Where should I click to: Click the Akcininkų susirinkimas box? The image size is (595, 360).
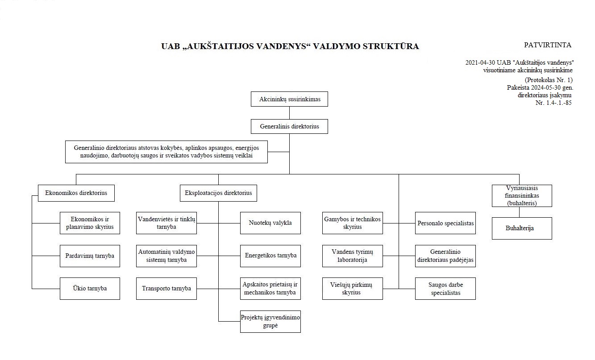pyautogui.click(x=289, y=99)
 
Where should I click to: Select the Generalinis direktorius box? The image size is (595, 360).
pyautogui.click(x=289, y=126)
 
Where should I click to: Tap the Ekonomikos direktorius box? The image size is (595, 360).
pyautogui.click(x=76, y=193)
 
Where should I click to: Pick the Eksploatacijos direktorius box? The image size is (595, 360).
pyautogui.click(x=218, y=193)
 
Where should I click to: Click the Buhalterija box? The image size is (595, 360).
pyautogui.click(x=522, y=228)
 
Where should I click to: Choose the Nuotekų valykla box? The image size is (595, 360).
pyautogui.click(x=270, y=223)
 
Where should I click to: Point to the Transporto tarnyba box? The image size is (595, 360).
pyautogui.click(x=166, y=289)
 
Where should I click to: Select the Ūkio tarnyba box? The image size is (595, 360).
pyautogui.click(x=90, y=289)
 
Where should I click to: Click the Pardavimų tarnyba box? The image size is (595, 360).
pyautogui.click(x=90, y=256)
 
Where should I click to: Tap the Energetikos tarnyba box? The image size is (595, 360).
pyautogui.click(x=270, y=256)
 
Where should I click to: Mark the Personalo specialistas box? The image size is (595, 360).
pyautogui.click(x=445, y=223)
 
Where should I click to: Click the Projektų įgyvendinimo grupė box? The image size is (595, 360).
pyautogui.click(x=270, y=322)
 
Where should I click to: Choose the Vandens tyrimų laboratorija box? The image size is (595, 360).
pyautogui.click(x=353, y=256)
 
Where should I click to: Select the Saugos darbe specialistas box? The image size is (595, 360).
pyautogui.click(x=445, y=289)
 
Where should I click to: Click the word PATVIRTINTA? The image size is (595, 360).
pyautogui.click(x=547, y=45)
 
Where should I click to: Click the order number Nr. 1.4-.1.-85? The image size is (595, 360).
pyautogui.click(x=553, y=103)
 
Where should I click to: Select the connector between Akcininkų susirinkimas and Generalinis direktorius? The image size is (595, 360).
pyautogui.click(x=289, y=113)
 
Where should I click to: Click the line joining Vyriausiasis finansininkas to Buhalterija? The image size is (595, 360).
pyautogui.click(x=519, y=212)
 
